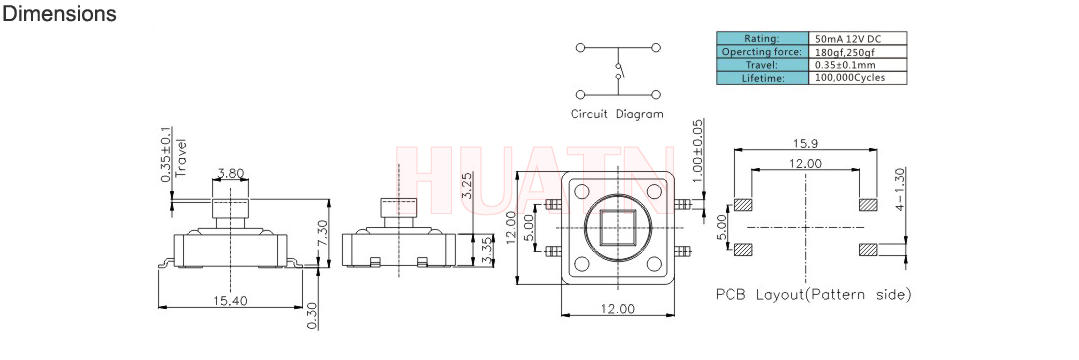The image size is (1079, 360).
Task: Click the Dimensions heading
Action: coord(60,14)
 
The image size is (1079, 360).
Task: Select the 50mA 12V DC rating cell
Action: coord(857,38)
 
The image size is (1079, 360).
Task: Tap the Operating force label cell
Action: coord(762,52)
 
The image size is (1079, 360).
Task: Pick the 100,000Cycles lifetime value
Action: coord(857,78)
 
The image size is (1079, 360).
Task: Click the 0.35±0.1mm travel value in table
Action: coord(857,65)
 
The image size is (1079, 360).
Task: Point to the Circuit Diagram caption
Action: coord(617,114)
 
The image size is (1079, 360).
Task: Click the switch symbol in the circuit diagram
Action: coord(618,71)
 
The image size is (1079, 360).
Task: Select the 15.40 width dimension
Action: coord(230,300)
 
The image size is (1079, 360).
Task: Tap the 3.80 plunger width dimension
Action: coord(230,174)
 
